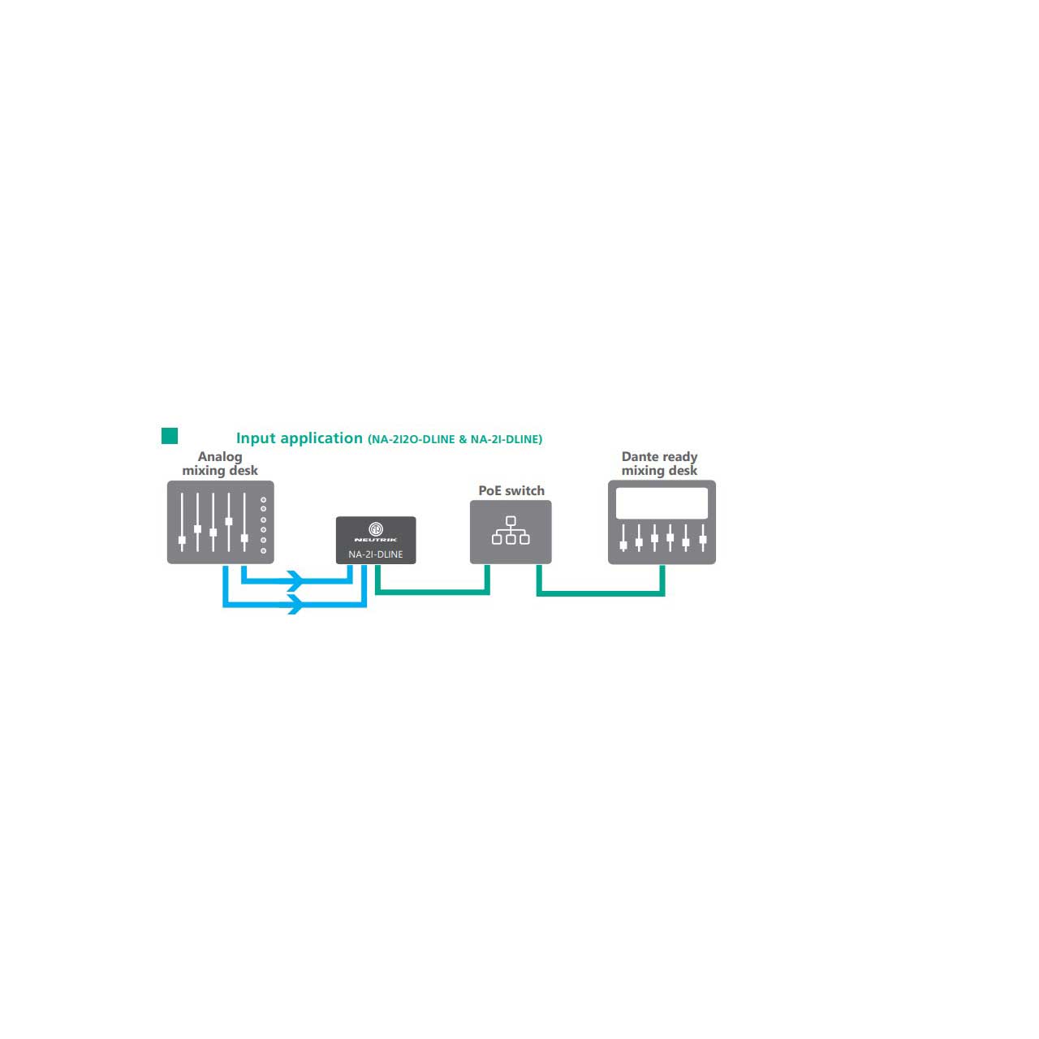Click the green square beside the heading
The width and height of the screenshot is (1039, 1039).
[x=170, y=436]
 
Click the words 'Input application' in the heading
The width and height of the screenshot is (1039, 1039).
[x=300, y=438]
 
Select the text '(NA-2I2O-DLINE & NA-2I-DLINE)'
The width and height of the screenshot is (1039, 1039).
[x=455, y=439]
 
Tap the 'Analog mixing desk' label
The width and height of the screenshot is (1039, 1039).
[x=220, y=463]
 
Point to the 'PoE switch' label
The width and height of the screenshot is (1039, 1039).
[x=511, y=490]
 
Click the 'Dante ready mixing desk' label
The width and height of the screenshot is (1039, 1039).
[x=659, y=463]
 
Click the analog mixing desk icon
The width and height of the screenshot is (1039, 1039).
[x=221, y=522]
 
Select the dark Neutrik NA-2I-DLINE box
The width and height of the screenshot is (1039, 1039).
[x=376, y=541]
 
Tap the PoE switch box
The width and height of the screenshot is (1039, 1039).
[x=511, y=532]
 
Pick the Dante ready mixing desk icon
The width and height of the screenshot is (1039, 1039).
[x=662, y=522]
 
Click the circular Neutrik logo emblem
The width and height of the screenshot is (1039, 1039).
[x=376, y=528]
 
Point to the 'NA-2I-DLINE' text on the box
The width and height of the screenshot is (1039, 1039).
[x=375, y=554]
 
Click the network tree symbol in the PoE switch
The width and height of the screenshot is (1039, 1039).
[x=511, y=530]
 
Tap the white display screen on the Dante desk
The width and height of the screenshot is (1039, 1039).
[x=662, y=503]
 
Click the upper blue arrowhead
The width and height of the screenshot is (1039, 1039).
[x=295, y=580]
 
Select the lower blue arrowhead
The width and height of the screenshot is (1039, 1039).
[x=295, y=604]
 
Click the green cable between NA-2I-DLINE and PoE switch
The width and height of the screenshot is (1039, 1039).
[x=433, y=592]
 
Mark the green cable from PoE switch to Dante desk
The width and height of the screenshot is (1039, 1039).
[x=600, y=593]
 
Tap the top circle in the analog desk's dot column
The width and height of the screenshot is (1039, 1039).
[x=263, y=500]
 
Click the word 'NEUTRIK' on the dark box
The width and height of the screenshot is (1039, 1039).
[x=376, y=540]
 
